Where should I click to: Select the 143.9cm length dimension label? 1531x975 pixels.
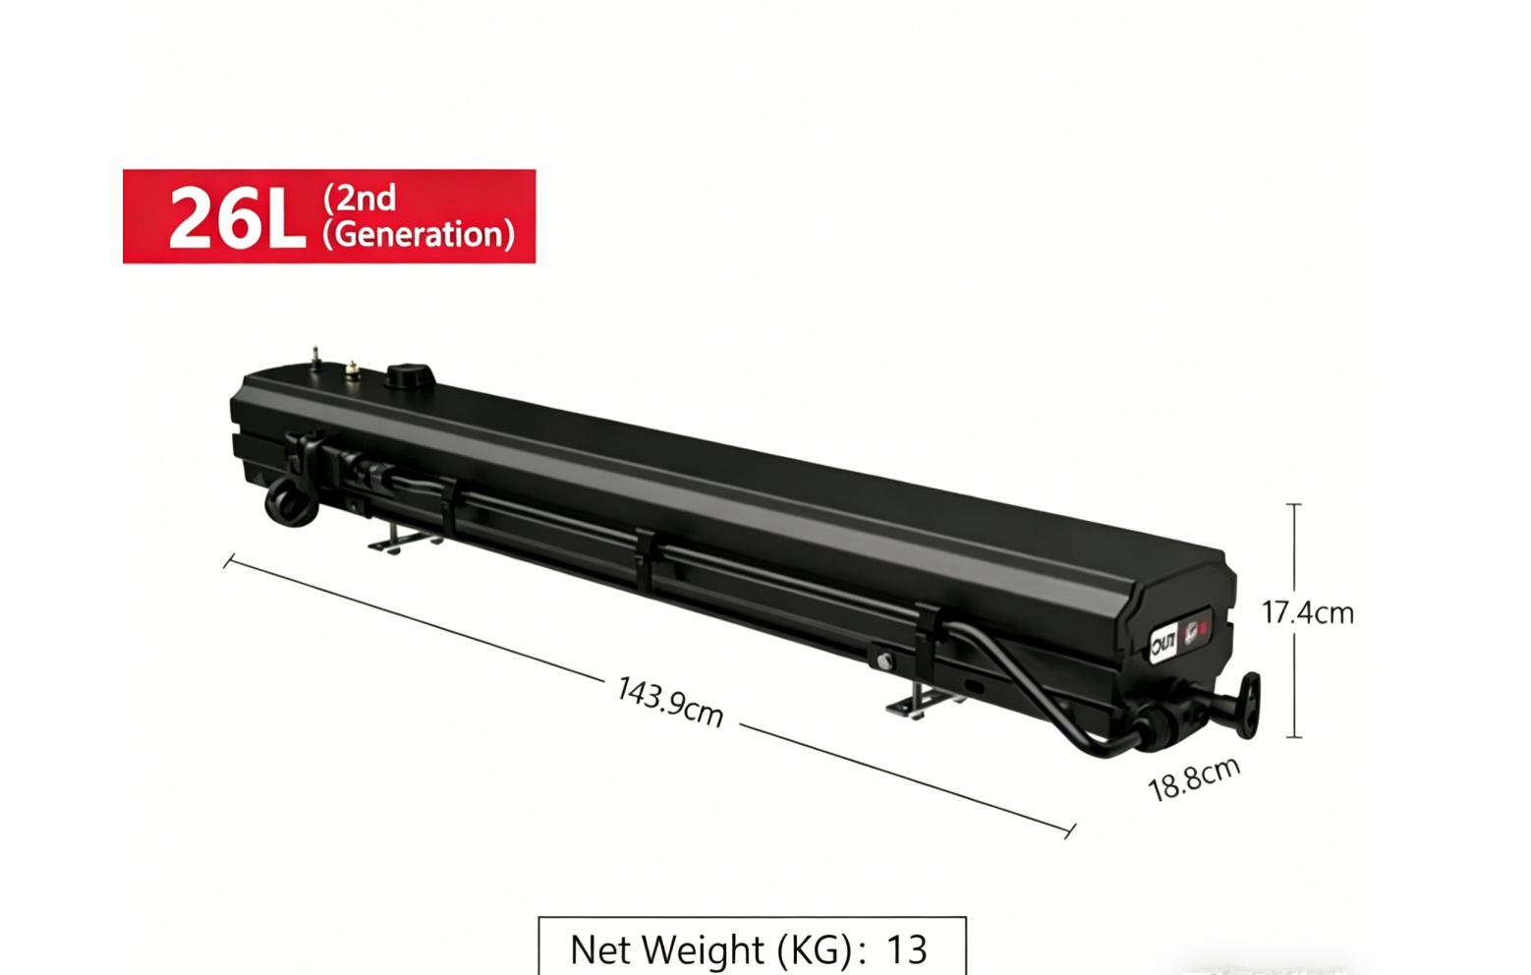[670, 701]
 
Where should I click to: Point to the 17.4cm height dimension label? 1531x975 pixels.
[1307, 612]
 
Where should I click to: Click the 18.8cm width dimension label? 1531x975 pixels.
[1194, 778]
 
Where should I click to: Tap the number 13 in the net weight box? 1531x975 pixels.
[906, 949]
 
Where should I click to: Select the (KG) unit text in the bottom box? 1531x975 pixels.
[814, 949]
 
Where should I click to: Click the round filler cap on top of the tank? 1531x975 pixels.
[410, 376]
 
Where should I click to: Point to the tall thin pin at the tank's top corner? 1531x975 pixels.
[315, 359]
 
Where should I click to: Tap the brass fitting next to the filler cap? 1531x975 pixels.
[353, 371]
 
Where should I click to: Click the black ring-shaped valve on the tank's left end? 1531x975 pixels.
[291, 502]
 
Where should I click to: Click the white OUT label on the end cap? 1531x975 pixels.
[1162, 644]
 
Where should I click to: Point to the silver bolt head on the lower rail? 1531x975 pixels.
[884, 661]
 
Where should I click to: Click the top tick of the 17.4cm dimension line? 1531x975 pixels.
[1294, 504]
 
